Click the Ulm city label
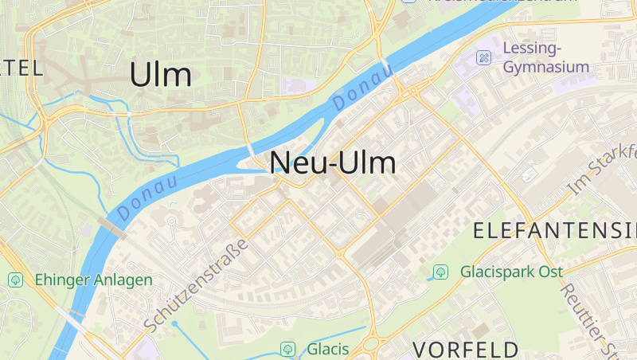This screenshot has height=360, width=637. (x=160, y=75)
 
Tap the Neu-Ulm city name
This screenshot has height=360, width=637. (x=333, y=162)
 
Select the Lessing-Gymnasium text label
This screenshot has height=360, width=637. (x=546, y=57)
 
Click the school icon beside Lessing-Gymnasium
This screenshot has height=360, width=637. (x=483, y=57)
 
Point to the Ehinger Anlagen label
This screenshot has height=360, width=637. (x=93, y=280)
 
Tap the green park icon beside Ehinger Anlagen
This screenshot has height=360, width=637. (x=15, y=280)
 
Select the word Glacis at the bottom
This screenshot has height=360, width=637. (x=328, y=349)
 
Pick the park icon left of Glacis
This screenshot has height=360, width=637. (x=287, y=349)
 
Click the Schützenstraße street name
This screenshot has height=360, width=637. (x=197, y=285)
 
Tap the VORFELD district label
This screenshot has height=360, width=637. (x=466, y=349)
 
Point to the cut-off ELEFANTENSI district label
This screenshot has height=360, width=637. (x=555, y=232)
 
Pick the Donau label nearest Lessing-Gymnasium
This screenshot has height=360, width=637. (x=363, y=88)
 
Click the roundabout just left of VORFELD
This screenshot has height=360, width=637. (x=371, y=344)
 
